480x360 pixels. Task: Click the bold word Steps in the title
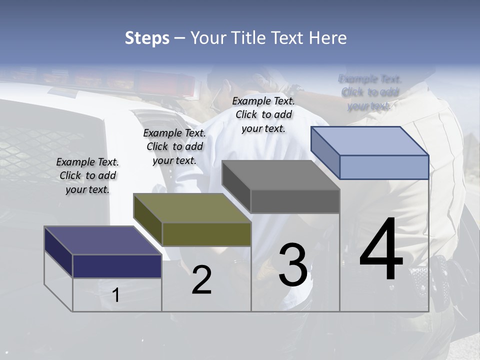tap(147, 38)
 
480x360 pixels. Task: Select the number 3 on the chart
tap(292, 265)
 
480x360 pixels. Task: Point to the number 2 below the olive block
tap(201, 280)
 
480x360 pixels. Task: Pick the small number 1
tap(116, 295)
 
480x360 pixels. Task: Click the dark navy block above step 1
tap(117, 266)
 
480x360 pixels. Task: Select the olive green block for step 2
tap(206, 234)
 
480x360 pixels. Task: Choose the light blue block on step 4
tap(384, 167)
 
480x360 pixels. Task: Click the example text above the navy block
tap(87, 175)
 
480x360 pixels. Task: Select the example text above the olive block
tap(174, 146)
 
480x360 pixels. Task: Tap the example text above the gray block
tap(263, 114)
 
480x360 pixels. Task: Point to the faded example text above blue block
tap(369, 92)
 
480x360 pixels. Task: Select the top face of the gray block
tap(280, 175)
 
